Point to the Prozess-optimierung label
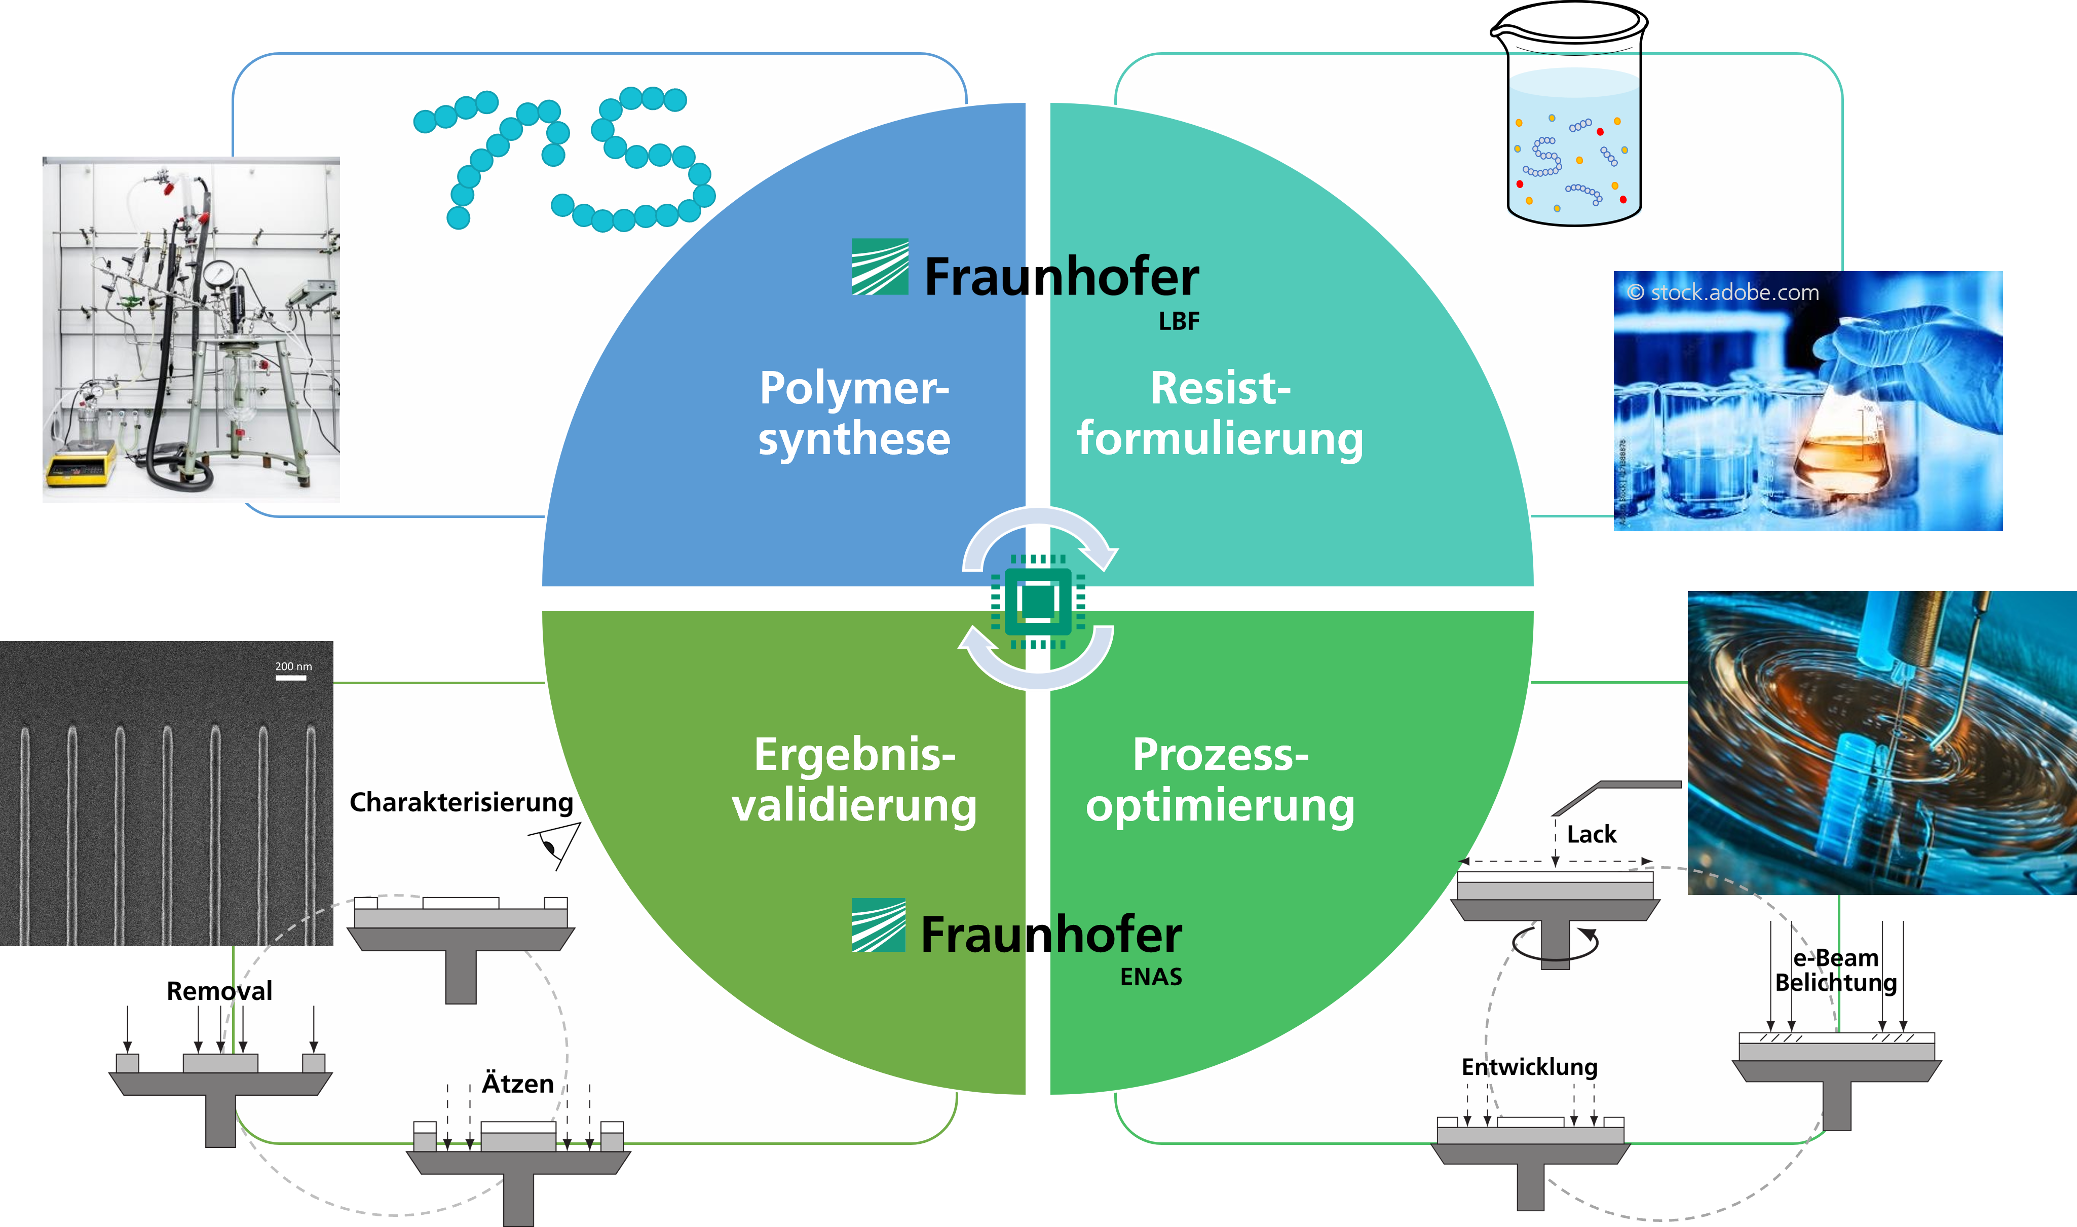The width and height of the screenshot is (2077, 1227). [x=1220, y=779]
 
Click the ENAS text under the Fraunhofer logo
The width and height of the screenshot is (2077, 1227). [x=1151, y=977]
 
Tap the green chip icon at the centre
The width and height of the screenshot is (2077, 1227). [x=1038, y=600]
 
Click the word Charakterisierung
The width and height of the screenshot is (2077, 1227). [x=461, y=802]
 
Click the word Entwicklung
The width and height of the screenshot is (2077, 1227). [x=1529, y=1067]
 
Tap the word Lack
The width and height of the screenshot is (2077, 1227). [x=1591, y=834]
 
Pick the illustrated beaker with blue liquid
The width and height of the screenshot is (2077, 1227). [x=1574, y=144]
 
